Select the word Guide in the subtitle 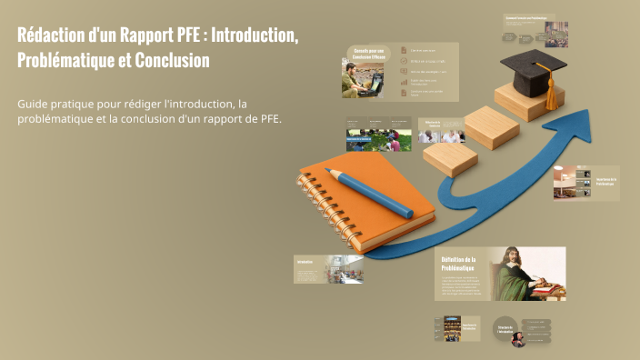(x=34, y=105)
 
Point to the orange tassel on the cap (x=550, y=94)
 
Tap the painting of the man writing (x=527, y=274)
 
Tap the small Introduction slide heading (x=305, y=262)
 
